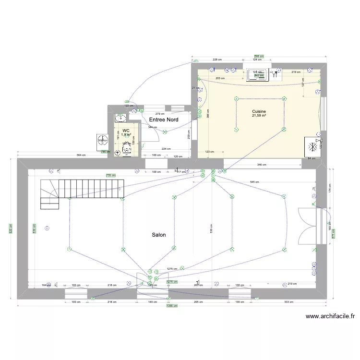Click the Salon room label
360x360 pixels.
click(159, 235)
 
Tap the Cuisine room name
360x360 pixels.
click(259, 111)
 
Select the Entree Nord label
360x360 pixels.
click(164, 120)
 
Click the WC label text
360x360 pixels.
click(126, 131)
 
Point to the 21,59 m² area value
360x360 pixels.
click(259, 116)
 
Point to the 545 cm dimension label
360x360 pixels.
click(254, 182)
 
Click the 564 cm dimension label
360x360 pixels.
click(81, 155)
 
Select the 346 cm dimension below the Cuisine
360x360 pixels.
click(262, 165)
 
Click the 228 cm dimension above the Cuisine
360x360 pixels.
click(217, 60)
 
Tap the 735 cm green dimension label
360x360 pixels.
click(111, 176)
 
